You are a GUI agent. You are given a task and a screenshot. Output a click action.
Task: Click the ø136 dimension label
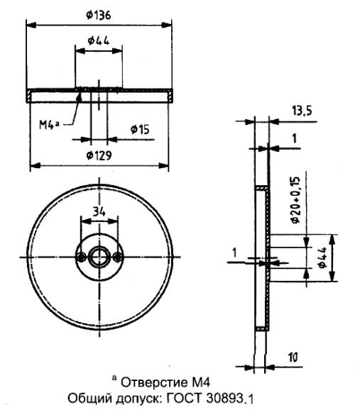point(99,15)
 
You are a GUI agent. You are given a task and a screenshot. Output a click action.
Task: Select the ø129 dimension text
point(99,155)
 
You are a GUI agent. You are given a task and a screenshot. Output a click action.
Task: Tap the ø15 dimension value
point(140,129)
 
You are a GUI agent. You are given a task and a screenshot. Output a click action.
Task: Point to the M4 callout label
point(49,124)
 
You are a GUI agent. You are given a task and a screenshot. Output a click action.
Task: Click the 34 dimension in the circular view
point(99,212)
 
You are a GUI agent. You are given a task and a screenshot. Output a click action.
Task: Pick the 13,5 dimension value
point(302,111)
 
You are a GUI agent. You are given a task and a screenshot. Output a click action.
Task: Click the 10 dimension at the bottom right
point(293,358)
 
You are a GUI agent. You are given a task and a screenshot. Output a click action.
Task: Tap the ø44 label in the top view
point(99,40)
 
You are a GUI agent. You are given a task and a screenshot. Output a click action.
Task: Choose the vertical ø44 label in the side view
point(322,258)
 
